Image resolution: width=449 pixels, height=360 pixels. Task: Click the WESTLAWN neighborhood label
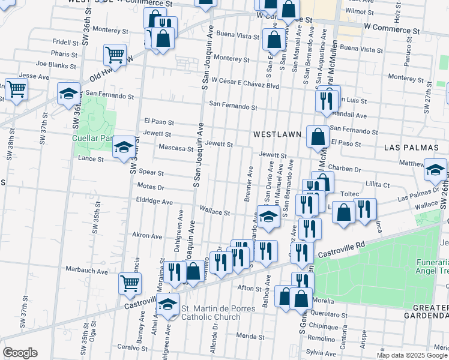(277, 134)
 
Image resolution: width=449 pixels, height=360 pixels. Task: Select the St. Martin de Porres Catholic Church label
(218, 313)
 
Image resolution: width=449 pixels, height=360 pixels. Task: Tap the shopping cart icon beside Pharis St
(114, 55)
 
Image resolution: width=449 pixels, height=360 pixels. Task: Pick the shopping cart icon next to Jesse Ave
(16, 89)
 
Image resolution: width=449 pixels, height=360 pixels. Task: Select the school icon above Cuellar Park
(69, 93)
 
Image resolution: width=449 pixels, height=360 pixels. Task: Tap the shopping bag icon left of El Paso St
(317, 136)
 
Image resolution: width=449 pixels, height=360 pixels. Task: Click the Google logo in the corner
(20, 352)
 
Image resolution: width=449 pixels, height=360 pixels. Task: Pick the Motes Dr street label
(151, 187)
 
